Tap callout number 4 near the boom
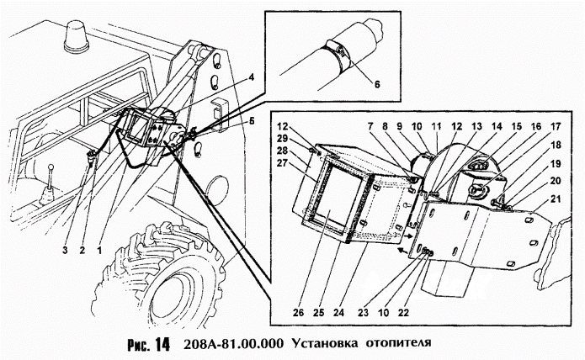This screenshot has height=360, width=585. [251, 77]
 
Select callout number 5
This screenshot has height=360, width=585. [251, 120]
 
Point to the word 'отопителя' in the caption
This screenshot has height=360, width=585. [396, 343]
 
